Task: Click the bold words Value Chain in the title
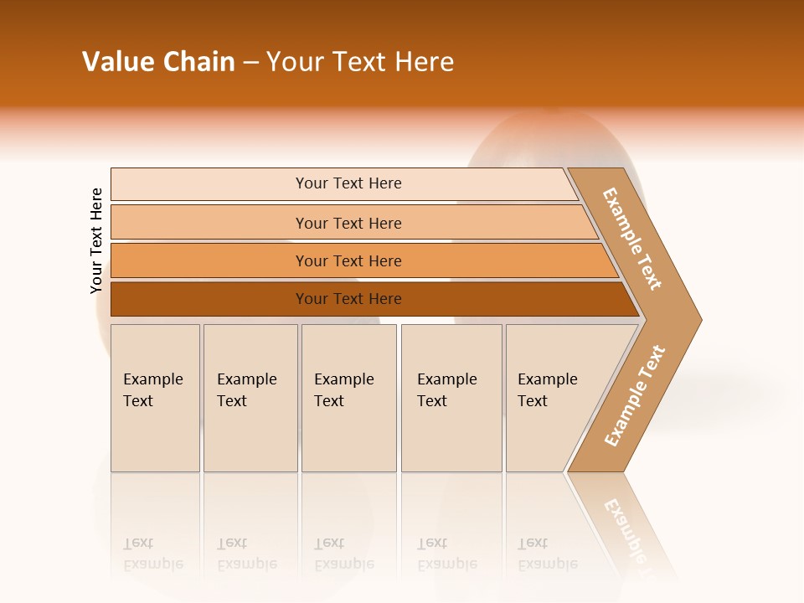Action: (x=158, y=62)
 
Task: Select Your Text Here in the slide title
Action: (x=360, y=62)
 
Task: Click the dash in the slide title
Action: (x=250, y=63)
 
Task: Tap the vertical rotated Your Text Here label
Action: (x=96, y=240)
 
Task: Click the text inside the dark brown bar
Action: (x=348, y=299)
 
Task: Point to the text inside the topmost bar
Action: (x=348, y=183)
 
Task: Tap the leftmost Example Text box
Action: (x=155, y=398)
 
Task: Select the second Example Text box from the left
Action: (x=250, y=398)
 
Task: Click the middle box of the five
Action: (x=348, y=398)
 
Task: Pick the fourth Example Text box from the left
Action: (x=451, y=398)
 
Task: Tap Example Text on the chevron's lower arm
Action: (x=635, y=395)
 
